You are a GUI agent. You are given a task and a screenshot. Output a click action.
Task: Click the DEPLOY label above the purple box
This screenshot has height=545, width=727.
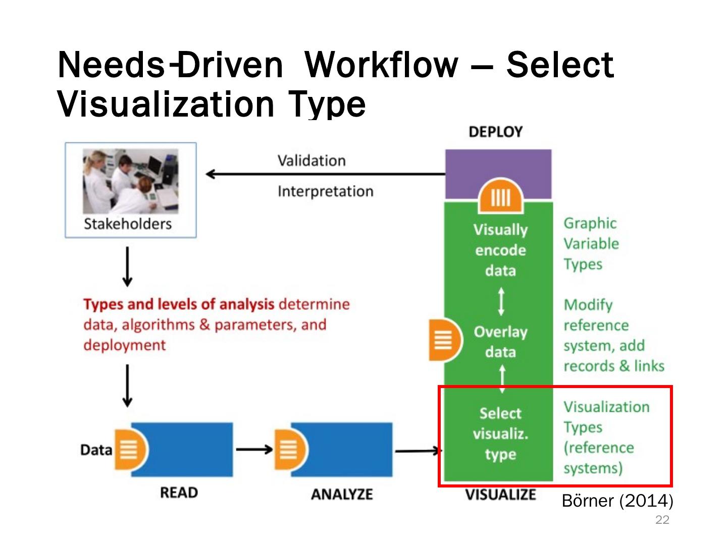[495, 132]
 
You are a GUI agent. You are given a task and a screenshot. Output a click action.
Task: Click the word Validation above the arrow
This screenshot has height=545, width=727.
[311, 161]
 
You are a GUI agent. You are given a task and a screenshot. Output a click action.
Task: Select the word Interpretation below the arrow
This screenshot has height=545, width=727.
[325, 192]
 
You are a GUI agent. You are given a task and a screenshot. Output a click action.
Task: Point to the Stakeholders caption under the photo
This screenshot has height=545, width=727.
[128, 224]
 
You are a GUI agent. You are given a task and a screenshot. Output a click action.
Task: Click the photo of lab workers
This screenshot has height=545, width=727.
[130, 181]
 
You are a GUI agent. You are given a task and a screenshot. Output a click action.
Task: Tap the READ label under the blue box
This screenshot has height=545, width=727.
[179, 493]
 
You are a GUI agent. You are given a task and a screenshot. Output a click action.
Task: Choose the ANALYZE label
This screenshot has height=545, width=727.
[342, 494]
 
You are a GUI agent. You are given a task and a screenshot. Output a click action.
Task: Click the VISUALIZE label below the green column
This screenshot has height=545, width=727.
[500, 495]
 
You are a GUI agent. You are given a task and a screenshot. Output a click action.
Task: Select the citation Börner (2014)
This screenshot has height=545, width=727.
[617, 501]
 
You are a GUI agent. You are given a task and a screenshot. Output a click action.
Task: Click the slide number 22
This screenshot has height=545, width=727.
[662, 520]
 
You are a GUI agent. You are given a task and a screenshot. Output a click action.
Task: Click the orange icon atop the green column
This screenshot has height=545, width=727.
[500, 196]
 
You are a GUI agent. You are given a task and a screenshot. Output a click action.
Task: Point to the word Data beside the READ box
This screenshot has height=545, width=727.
[96, 450]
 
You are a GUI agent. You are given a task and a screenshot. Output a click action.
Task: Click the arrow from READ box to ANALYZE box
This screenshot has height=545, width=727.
[254, 449]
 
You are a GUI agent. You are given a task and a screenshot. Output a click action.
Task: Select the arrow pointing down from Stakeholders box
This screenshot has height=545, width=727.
[128, 266]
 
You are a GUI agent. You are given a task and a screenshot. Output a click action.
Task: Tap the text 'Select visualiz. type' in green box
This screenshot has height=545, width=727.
[500, 434]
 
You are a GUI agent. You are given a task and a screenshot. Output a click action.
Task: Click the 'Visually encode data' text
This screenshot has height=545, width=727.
[500, 250]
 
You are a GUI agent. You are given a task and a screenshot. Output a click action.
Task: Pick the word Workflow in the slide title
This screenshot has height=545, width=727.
[382, 65]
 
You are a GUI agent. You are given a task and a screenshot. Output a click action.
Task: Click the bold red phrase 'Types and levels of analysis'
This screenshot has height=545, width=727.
[179, 304]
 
